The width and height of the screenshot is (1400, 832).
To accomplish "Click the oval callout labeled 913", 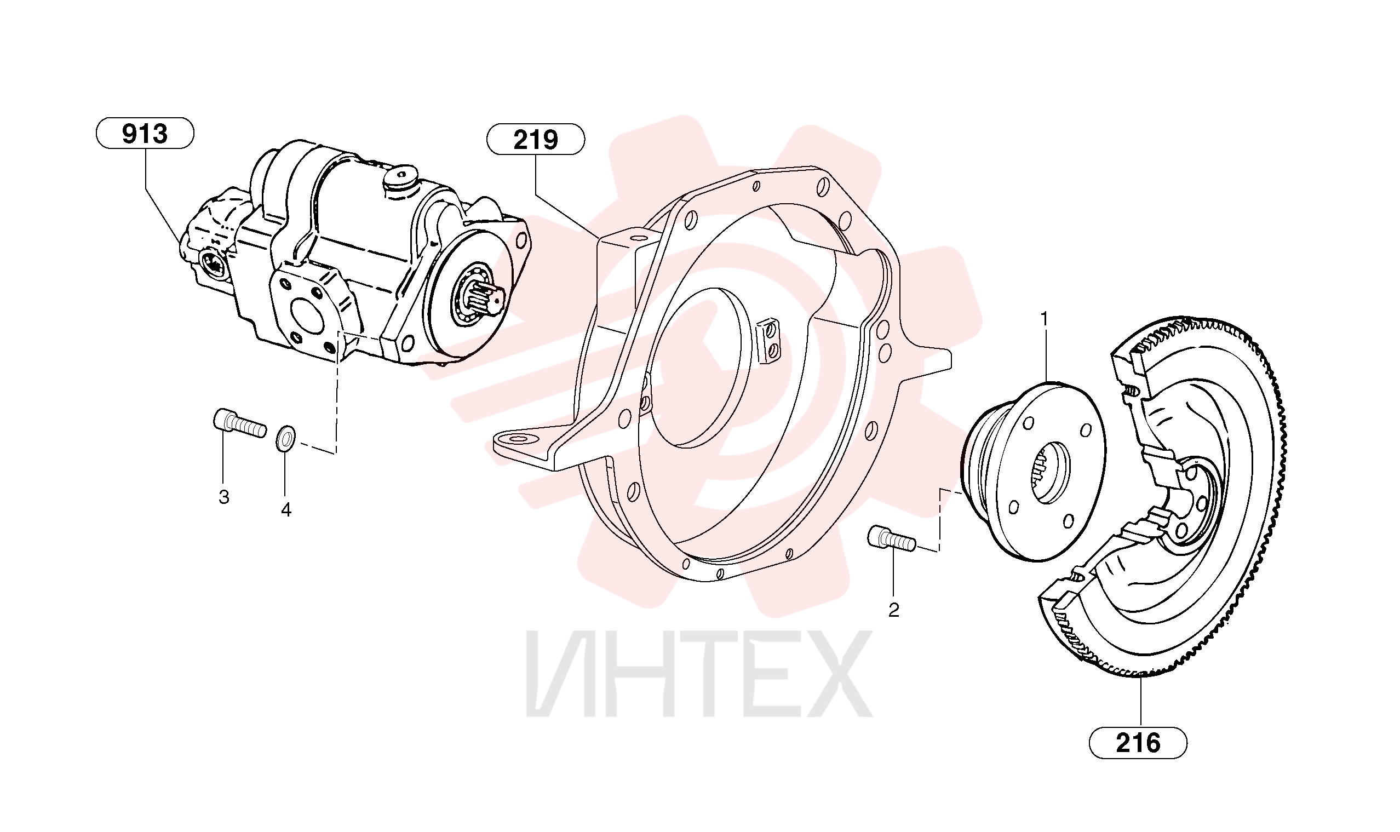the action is pos(145,134).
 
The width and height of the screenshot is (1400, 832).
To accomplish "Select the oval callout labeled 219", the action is pos(536,139).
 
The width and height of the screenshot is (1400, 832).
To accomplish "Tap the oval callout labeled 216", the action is pos(1138,743).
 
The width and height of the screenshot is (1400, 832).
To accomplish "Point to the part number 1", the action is pos(1044,318).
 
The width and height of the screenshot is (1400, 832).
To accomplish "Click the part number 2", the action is pos(894,610).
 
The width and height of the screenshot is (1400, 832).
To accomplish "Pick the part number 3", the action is pos(223,497).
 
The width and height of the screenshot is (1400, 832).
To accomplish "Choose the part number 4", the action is pos(286,510).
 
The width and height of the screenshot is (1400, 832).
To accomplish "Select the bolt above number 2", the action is pos(892,538).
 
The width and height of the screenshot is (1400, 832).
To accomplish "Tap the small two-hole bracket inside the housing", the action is pos(768,341).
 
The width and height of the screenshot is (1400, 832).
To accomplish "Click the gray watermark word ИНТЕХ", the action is pos(698,674).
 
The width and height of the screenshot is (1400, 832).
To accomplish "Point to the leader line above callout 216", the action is pos(1141,703).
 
